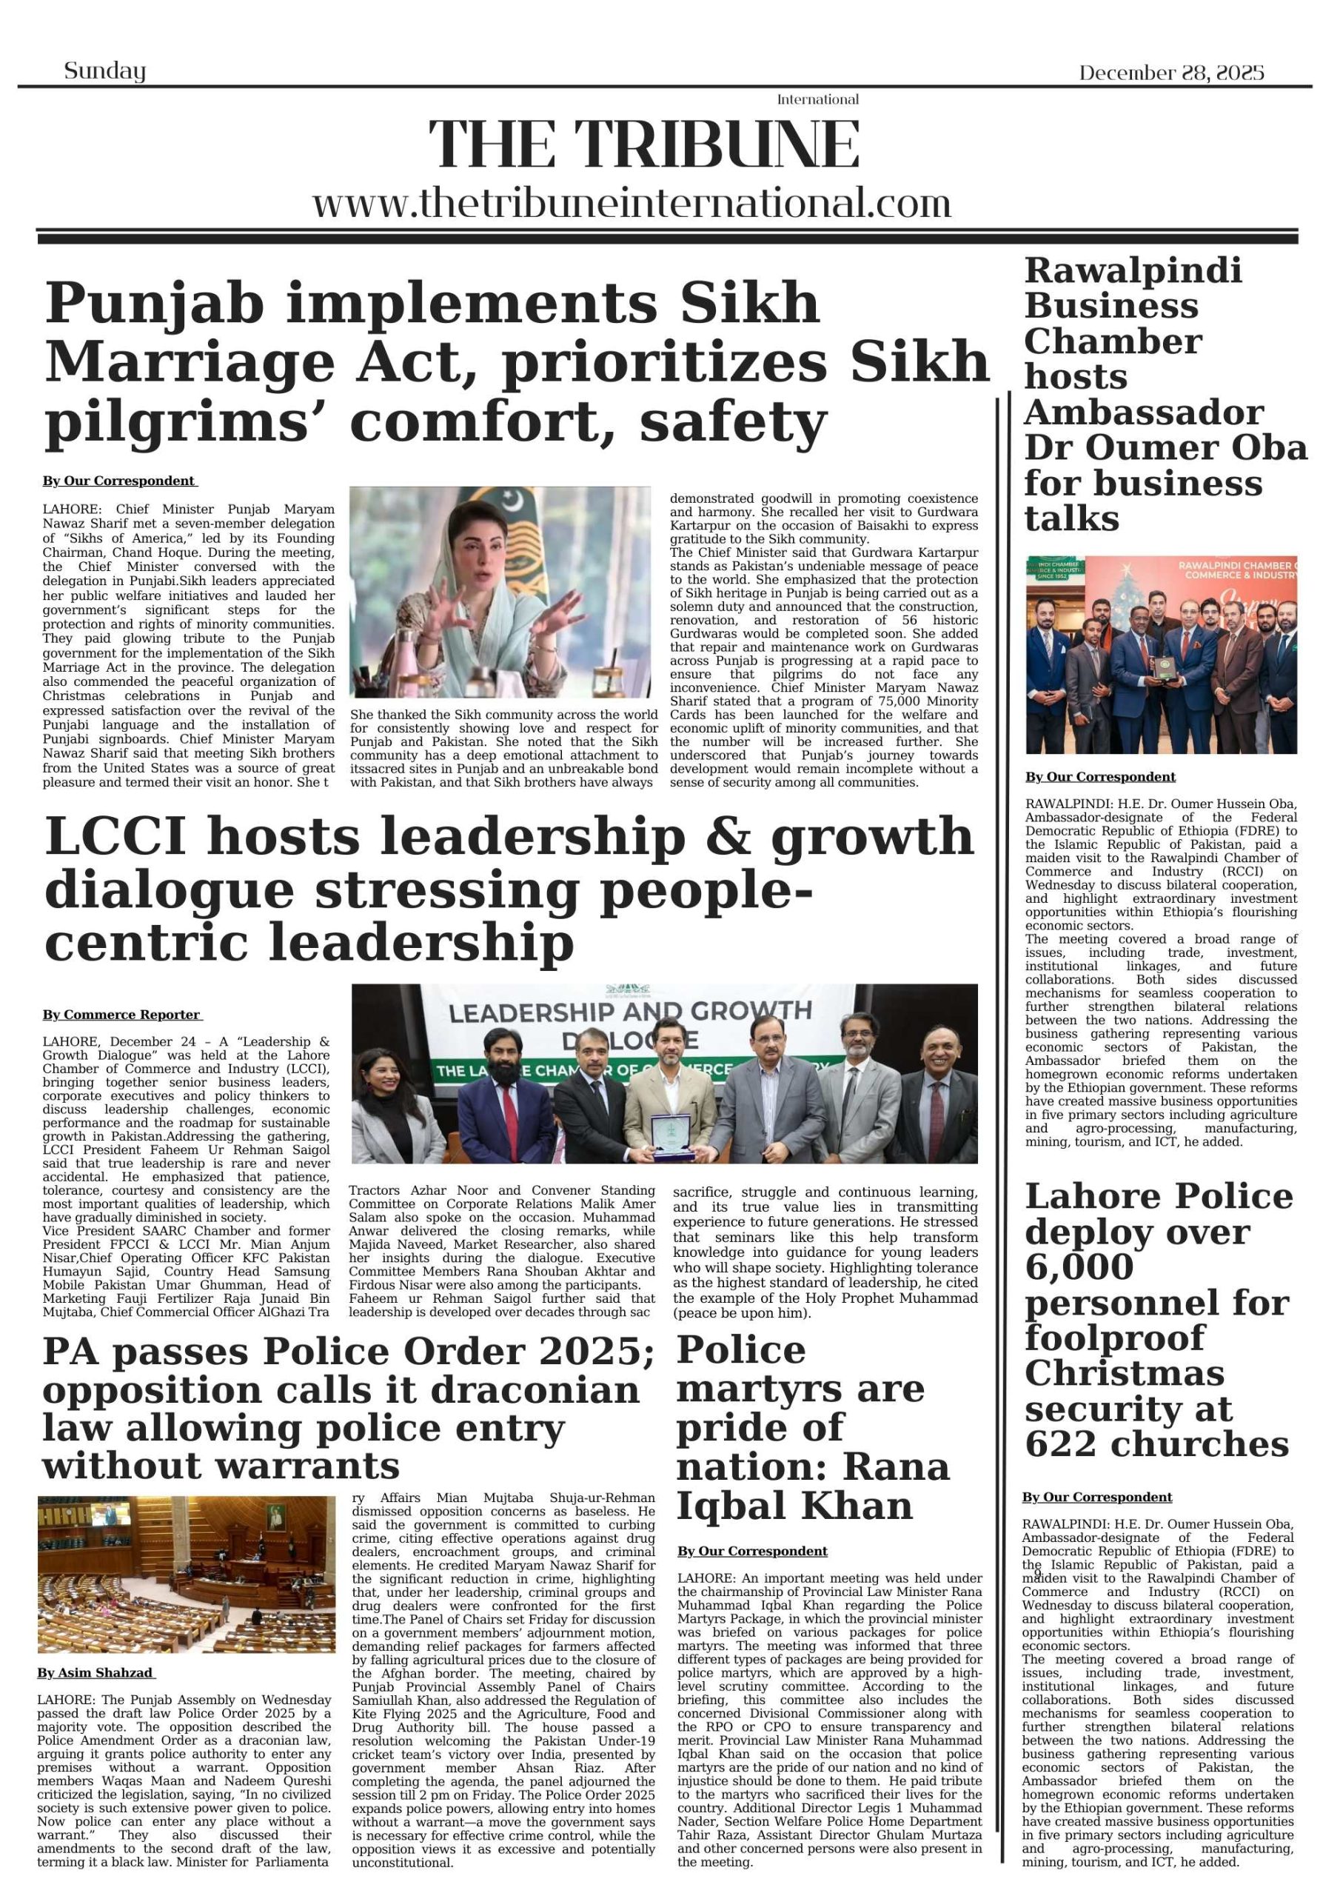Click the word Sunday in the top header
click(x=105, y=72)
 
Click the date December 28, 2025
click(x=1170, y=73)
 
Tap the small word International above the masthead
click(x=817, y=100)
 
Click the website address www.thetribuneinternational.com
click(x=632, y=203)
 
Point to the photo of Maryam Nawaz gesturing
click(x=500, y=591)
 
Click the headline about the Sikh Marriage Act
click(x=516, y=361)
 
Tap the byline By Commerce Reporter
click(x=121, y=1015)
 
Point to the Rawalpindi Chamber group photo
click(x=1161, y=654)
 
